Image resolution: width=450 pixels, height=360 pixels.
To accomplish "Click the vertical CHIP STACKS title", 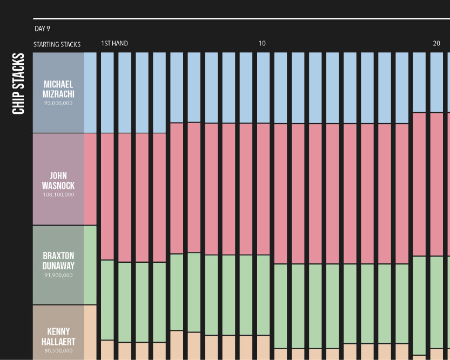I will tap(19, 83).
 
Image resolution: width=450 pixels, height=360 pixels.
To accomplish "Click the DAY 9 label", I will tap(43, 29).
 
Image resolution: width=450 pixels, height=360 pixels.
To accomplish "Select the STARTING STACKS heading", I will tap(57, 44).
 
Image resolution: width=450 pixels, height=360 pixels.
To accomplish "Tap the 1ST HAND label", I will tap(115, 43).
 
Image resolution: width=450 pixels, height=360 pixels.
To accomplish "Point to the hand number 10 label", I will tap(262, 43).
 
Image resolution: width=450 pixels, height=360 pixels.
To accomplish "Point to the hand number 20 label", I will tap(436, 43).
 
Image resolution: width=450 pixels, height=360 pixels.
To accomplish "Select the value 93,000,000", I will tap(58, 103).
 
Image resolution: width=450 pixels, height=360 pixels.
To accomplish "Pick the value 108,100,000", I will tap(58, 194).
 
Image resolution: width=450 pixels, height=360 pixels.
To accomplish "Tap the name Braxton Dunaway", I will tap(58, 260).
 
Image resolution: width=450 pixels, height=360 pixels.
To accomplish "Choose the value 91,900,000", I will tap(58, 275).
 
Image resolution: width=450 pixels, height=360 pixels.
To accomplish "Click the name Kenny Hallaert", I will tap(58, 336).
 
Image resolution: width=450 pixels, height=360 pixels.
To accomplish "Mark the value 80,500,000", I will tap(58, 350).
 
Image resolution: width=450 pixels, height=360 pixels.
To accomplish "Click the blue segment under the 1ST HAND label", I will tap(108, 92).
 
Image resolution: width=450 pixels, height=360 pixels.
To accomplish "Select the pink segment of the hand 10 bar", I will tap(263, 189).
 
